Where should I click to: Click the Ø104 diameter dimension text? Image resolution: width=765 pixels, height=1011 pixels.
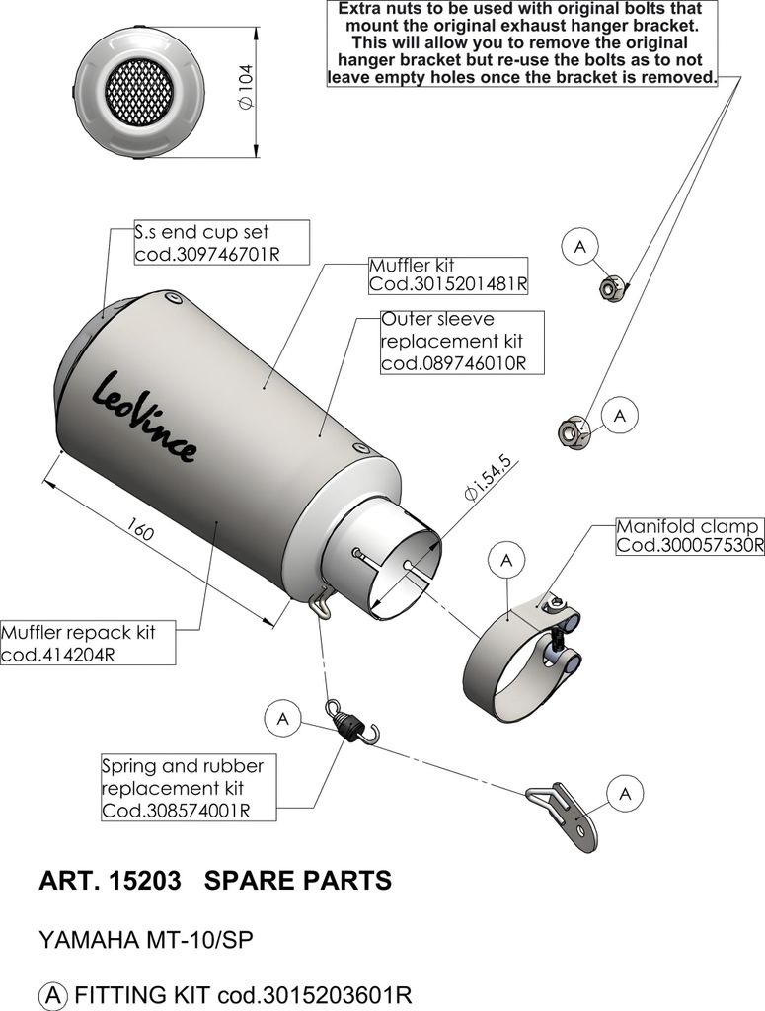246,91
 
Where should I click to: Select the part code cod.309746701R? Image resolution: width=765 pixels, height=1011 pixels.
206,253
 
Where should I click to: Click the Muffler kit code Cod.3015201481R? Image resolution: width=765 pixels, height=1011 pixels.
448,284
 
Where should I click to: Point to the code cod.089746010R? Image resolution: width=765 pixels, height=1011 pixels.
450,363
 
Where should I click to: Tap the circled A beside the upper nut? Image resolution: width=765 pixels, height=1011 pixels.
580,245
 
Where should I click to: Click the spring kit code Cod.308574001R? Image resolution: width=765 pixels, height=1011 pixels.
176,810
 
